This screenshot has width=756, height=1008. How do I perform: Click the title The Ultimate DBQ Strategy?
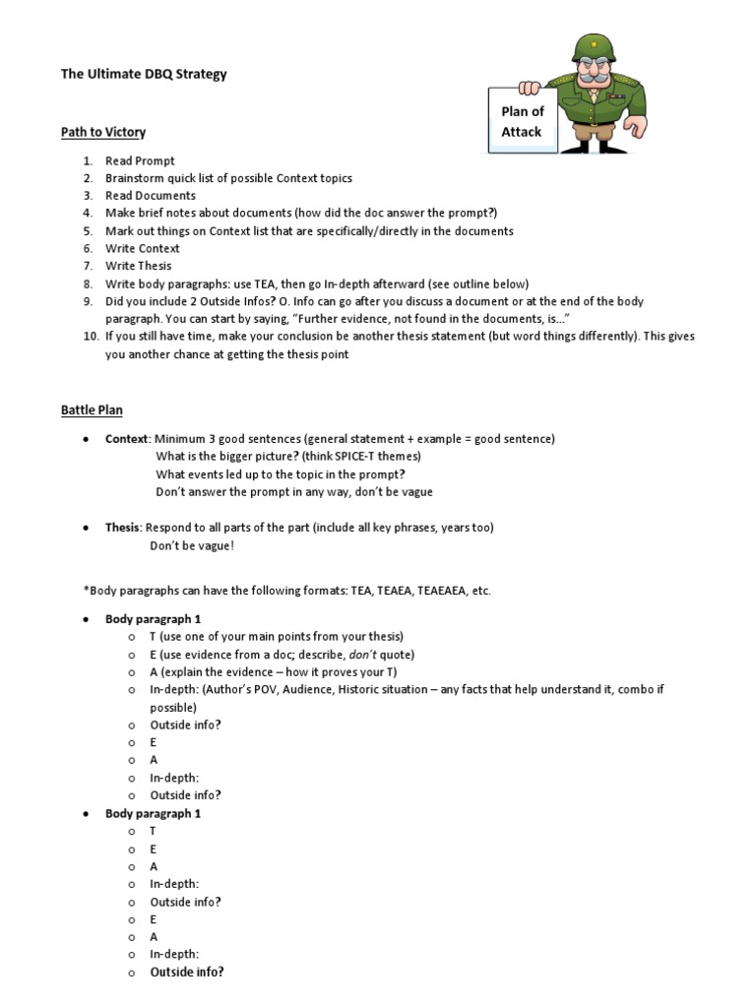click(x=144, y=74)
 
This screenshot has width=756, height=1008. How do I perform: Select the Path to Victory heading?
click(x=103, y=132)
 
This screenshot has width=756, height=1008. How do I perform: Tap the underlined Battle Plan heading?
click(x=92, y=409)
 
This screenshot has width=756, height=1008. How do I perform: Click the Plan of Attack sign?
click(x=522, y=121)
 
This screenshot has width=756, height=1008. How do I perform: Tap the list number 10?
click(x=90, y=337)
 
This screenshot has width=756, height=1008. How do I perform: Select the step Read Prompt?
click(x=140, y=160)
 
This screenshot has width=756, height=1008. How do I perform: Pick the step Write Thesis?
click(x=139, y=266)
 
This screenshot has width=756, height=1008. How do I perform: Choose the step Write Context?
click(x=143, y=248)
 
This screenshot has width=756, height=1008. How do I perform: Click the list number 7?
click(x=88, y=266)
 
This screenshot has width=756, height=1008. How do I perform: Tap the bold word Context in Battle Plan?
click(x=127, y=439)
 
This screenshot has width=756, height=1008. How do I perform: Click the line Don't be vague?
click(x=192, y=545)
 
